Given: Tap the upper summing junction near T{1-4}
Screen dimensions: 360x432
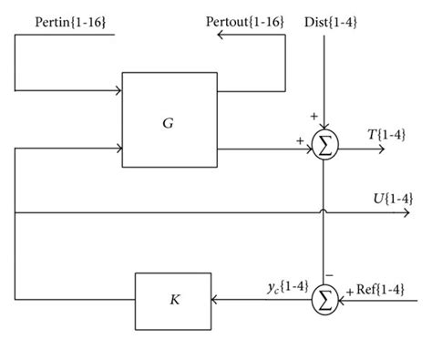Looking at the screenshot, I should click(x=324, y=146).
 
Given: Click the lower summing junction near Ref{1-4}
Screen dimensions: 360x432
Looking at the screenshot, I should click(x=324, y=297).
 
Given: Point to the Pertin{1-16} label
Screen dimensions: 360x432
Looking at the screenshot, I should click(x=64, y=20).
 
